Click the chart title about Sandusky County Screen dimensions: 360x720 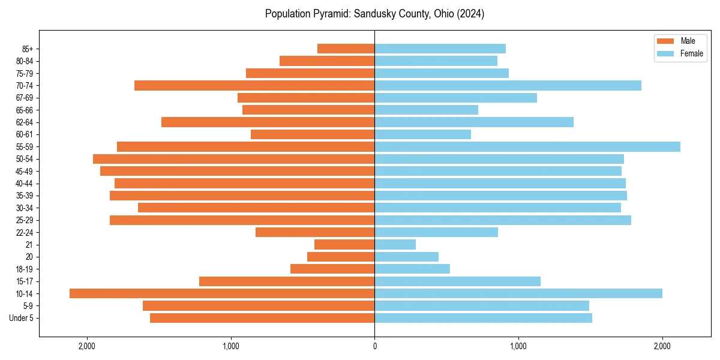pyautogui.click(x=374, y=14)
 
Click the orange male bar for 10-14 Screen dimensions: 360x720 pyautogui.click(x=222, y=293)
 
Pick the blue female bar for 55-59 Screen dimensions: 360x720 pyautogui.click(x=527, y=146)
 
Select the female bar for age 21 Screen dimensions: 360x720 pyautogui.click(x=395, y=244)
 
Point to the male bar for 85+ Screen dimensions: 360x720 pyautogui.click(x=346, y=49)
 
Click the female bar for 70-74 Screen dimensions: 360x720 pyautogui.click(x=508, y=85)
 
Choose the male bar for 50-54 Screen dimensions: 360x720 pyautogui.click(x=234, y=159)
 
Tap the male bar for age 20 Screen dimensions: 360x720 pyautogui.click(x=341, y=257)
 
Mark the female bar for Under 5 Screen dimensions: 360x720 pyautogui.click(x=483, y=318)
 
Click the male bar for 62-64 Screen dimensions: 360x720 pyautogui.click(x=268, y=122)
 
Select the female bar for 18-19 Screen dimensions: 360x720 pyautogui.click(x=412, y=269)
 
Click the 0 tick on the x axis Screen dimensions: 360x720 pyautogui.click(x=374, y=346)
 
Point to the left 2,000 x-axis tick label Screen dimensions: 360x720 pyautogui.click(x=87, y=346)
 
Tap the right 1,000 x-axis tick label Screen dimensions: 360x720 pyautogui.click(x=518, y=346)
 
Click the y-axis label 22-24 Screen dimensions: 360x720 pyautogui.click(x=24, y=232)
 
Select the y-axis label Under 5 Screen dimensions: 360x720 pyautogui.click(x=22, y=318)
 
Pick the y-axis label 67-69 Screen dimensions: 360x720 pyautogui.click(x=24, y=98)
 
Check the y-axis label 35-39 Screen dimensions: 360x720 pyautogui.click(x=24, y=196)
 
